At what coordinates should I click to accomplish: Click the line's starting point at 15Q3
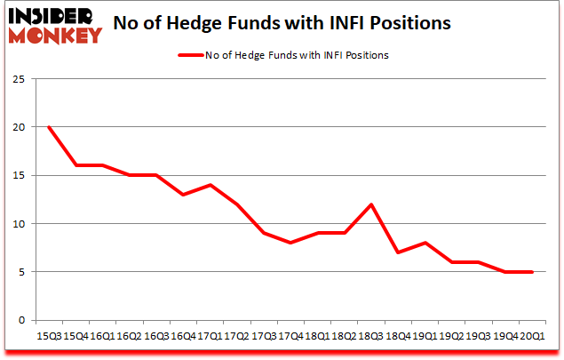tap(49, 126)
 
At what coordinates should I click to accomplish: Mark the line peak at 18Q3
tap(370, 204)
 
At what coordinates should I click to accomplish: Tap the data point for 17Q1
tap(210, 184)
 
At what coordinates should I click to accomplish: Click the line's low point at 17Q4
tap(290, 243)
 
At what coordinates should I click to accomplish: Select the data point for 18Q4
tap(397, 252)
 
